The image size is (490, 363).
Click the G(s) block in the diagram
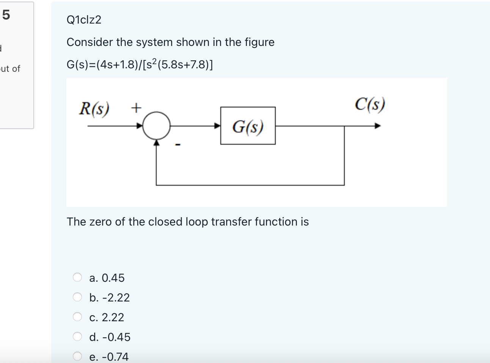pos(248,126)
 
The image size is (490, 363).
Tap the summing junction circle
pos(156,126)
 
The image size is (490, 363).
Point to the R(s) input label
pos(94,109)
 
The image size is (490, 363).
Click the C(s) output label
pos(370,104)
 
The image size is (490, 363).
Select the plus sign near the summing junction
pos(136,108)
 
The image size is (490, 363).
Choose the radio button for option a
pos(77,278)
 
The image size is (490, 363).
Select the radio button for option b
pos(77,297)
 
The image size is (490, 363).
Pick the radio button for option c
pos(77,317)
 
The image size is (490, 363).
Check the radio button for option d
pos(77,337)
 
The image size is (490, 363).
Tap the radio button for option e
pos(77,356)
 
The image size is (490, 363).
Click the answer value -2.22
pos(116,298)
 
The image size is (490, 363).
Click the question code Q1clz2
pos(84,20)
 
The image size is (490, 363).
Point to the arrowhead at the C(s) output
pos(377,126)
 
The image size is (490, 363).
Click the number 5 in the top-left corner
pos(6,15)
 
